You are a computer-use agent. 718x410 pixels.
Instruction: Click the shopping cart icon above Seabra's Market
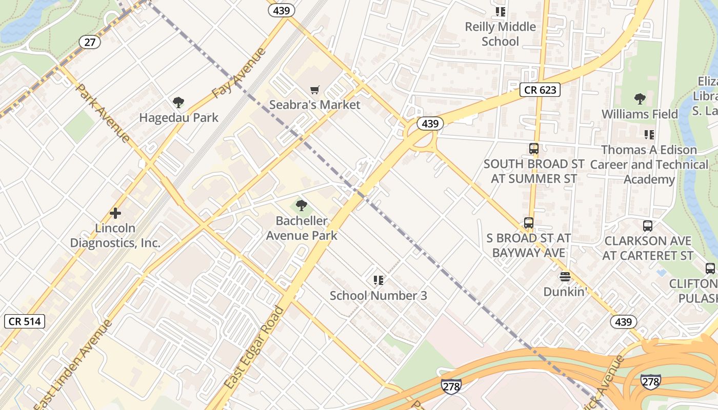pos(315,90)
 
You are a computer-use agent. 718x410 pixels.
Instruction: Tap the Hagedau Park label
pos(178,117)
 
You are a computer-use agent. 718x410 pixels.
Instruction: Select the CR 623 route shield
pos(540,90)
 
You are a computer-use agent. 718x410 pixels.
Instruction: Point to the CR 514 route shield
pos(25,321)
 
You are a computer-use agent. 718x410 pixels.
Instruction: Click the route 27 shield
pos(90,42)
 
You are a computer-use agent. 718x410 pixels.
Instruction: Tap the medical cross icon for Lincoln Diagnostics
pos(115,213)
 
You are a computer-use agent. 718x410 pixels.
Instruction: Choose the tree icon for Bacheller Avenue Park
pos(302,206)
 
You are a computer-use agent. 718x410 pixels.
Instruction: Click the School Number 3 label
pos(378,295)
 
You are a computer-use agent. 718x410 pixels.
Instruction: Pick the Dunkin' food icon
pos(565,277)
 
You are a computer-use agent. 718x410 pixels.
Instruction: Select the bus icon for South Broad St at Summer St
pos(534,149)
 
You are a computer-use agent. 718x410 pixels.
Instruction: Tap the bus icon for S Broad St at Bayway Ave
pos(529,223)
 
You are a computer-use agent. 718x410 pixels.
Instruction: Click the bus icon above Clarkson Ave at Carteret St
pos(648,225)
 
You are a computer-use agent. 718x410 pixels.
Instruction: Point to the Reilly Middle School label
pos(500,34)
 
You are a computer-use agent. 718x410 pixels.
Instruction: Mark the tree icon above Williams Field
pos(640,99)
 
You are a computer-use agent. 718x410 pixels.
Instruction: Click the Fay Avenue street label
pos(239,73)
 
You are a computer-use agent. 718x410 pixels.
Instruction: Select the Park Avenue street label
pos(103,112)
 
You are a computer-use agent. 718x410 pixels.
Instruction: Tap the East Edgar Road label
pos(254,347)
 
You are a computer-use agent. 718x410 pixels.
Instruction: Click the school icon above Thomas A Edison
pos(649,135)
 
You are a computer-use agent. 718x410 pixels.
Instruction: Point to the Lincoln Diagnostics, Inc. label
pos(115,235)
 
